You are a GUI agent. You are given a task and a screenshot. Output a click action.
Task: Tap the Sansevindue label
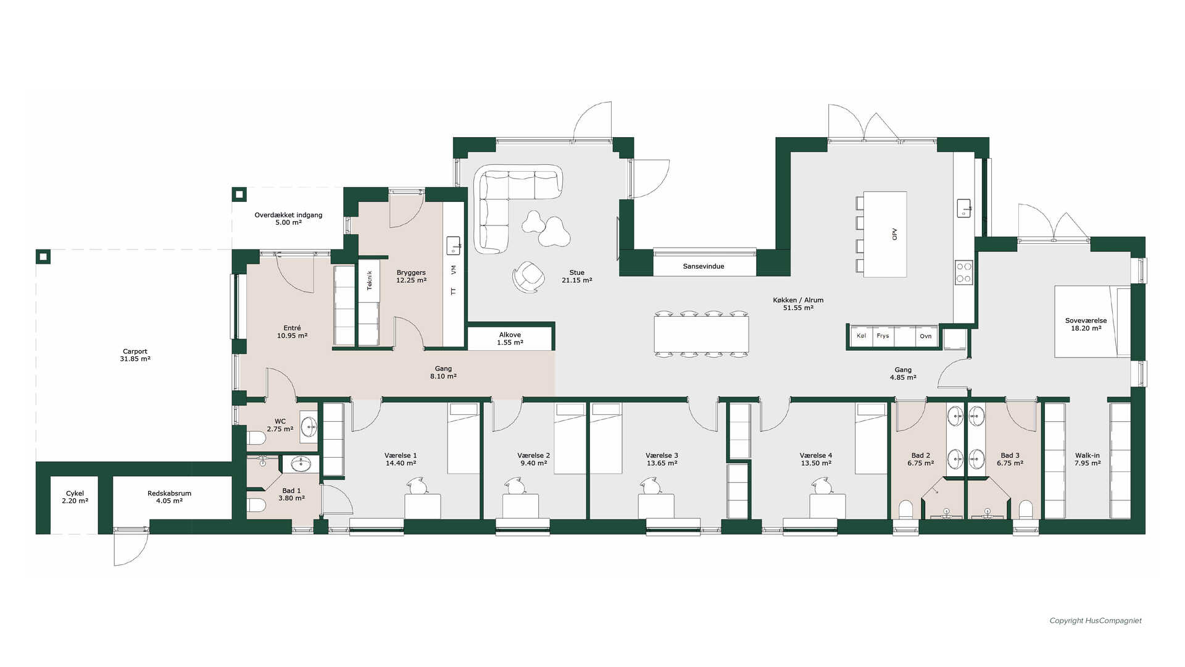(x=704, y=266)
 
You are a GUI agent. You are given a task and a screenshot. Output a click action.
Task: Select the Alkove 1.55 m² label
(x=510, y=338)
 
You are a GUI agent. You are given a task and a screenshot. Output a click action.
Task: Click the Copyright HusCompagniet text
(x=1096, y=621)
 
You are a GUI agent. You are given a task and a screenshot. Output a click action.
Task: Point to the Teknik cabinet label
(x=370, y=280)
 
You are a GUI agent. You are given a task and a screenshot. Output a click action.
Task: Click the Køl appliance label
(x=862, y=336)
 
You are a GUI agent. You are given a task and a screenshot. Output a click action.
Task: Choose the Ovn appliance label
(x=926, y=336)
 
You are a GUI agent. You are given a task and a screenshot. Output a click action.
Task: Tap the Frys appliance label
(x=883, y=336)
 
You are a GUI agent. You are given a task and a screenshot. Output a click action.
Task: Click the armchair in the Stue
(x=528, y=276)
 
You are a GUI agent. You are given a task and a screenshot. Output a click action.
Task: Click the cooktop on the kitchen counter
(x=964, y=272)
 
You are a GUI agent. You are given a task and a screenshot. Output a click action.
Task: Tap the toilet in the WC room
(x=256, y=438)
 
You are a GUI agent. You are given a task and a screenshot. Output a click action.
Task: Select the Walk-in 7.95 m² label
(x=1087, y=459)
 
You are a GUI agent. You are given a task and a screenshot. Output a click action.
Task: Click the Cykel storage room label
(x=75, y=497)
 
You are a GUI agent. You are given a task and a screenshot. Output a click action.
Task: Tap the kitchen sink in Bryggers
(x=454, y=245)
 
